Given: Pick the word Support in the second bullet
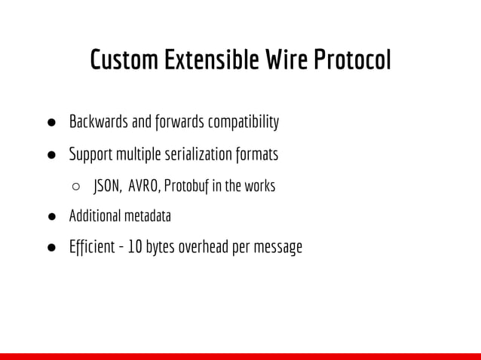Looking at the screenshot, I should [x=90, y=154].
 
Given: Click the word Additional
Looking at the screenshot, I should [x=91, y=216].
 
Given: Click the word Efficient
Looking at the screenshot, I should [x=93, y=247].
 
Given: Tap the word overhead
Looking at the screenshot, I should [x=204, y=247].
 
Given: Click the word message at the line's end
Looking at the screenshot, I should [x=278, y=248].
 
